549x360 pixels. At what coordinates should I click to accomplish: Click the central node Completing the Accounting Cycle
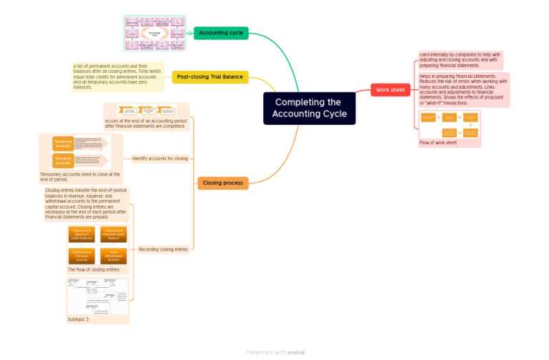[309, 108]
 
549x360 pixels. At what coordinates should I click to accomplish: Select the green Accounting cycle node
[221, 33]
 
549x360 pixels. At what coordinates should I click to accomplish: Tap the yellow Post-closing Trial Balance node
[210, 76]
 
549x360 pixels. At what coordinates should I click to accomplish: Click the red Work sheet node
[390, 90]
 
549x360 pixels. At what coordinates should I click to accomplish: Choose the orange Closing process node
[222, 183]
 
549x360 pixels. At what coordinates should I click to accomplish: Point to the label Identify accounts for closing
[160, 159]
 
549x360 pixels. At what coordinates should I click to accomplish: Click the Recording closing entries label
[163, 249]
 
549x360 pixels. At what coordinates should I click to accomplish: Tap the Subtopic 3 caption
[78, 319]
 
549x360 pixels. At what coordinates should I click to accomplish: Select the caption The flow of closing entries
[93, 270]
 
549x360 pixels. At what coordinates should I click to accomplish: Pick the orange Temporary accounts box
[63, 144]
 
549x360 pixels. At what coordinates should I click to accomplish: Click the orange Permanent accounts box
[63, 160]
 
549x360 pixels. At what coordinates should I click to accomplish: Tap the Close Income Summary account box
[81, 255]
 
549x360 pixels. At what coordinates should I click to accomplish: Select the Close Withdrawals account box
[114, 255]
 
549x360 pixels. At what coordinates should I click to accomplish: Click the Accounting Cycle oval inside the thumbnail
[154, 34]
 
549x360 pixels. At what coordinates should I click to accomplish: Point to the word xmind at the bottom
[296, 352]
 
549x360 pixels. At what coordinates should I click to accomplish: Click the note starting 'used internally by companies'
[460, 60]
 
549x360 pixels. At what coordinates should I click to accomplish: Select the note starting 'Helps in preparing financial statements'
[463, 89]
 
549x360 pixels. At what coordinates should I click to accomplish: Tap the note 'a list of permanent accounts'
[119, 76]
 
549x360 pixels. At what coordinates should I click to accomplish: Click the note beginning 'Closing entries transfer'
[86, 204]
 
